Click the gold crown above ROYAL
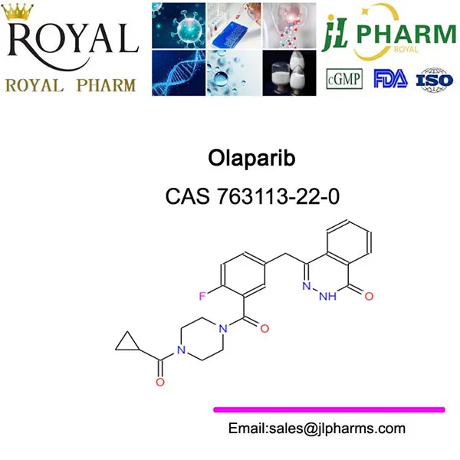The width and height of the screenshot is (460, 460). point(17,11)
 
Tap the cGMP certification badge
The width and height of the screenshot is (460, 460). point(344,79)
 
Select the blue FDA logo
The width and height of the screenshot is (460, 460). point(390,79)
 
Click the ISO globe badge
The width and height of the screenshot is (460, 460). point(435,80)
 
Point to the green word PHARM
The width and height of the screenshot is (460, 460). point(406,34)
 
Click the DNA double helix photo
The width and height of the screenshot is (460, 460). point(179,73)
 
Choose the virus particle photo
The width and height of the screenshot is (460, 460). point(179,26)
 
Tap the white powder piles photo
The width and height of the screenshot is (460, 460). point(289,73)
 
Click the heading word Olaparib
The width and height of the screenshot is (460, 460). point(251,159)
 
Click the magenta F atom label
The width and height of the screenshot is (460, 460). point(202,296)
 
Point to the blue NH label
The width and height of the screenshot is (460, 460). point(327,296)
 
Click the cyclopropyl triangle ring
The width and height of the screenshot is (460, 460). point(127,342)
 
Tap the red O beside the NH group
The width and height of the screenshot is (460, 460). point(369,296)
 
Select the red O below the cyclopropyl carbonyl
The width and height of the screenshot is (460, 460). point(160,382)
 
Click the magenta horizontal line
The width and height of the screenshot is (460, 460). point(329,409)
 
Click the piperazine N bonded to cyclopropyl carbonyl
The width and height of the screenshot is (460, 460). point(181,350)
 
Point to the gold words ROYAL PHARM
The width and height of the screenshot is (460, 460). point(71,86)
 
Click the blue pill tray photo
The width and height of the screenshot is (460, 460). point(234,26)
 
